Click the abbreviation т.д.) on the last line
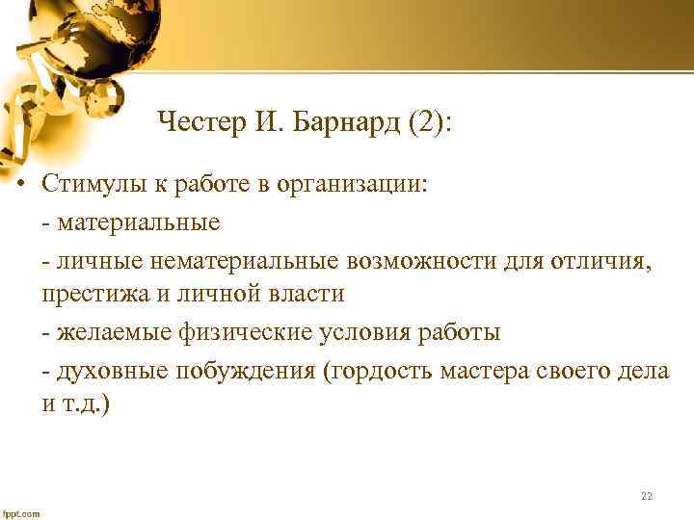87,403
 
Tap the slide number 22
646,497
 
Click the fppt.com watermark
21,513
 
